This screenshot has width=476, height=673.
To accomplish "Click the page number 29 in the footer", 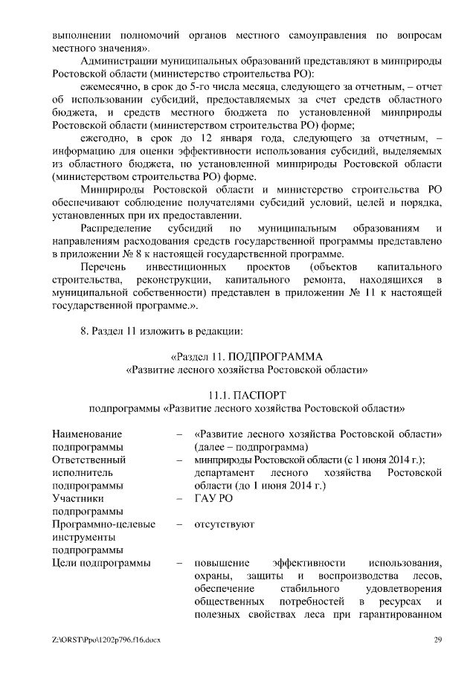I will coord(438,640).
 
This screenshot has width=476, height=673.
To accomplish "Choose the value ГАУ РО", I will coord(212,499).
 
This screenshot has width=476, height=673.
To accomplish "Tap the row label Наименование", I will coord(87,434).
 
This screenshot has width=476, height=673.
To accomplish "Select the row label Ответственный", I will coord(89,460).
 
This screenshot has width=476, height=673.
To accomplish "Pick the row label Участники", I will coord(77,499).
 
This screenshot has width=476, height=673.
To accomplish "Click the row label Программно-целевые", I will coord(103,524).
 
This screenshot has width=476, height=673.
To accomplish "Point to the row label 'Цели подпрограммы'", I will coord(101,563).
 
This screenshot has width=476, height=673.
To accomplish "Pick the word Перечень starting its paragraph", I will coord(103,266).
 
